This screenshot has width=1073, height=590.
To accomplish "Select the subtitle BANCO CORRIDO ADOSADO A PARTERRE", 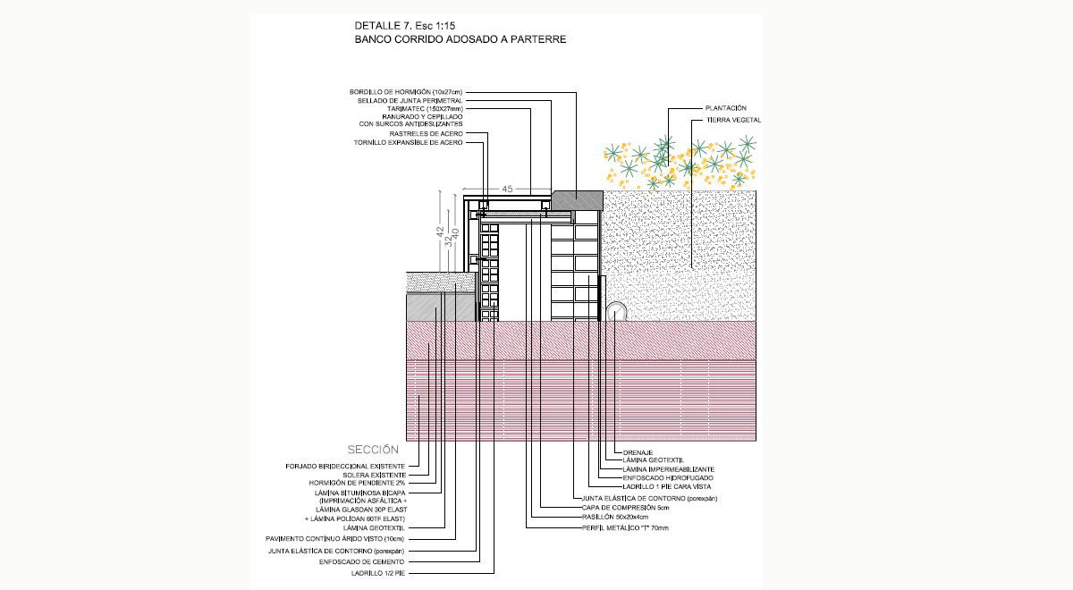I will point(460,40).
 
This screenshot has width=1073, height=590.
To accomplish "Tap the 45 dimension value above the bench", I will point(507,189).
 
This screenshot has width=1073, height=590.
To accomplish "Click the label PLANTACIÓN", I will point(725,108).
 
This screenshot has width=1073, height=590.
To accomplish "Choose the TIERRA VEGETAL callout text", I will point(733,120).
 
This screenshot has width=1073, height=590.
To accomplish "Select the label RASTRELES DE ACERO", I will point(427,133).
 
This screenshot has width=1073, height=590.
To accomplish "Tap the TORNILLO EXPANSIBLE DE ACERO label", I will point(409,143).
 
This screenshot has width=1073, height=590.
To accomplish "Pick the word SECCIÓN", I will point(372,450).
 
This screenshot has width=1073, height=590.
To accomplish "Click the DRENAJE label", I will point(638,452).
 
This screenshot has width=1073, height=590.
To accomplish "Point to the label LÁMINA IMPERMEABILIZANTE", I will point(668,469).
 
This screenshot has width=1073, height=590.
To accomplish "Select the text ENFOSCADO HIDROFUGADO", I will point(668,478).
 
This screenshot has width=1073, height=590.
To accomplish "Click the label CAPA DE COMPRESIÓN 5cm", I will point(625,507).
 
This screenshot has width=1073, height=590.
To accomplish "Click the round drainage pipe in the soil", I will point(617,310).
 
